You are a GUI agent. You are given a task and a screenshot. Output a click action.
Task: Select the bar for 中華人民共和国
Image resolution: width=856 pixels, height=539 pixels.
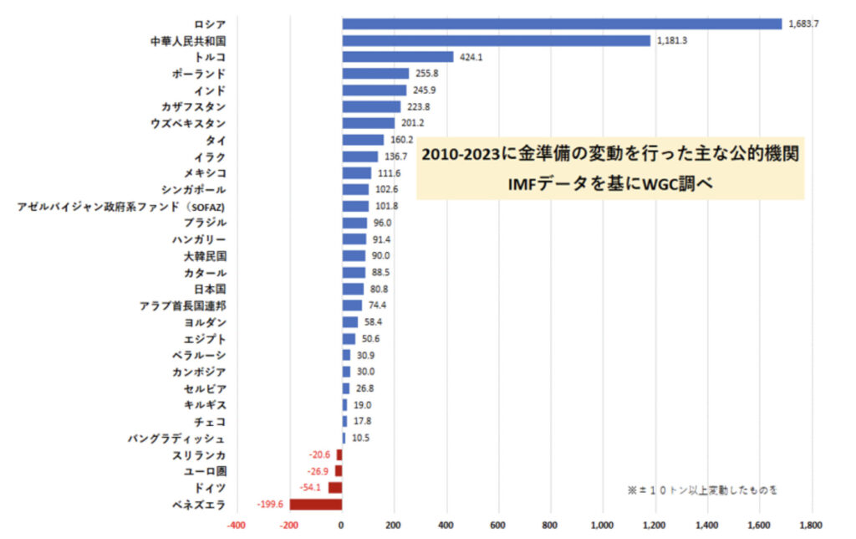[496, 41]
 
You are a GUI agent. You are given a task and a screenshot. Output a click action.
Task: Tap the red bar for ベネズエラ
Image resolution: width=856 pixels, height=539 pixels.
[315, 504]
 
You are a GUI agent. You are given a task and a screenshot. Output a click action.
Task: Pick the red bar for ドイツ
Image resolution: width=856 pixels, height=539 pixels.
[334, 487]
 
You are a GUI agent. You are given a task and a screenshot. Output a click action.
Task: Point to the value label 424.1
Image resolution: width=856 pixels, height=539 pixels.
[472, 58]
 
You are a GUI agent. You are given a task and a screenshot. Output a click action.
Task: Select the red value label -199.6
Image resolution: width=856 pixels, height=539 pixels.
[271, 504]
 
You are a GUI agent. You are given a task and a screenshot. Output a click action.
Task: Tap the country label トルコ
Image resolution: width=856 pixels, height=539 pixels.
[209, 57]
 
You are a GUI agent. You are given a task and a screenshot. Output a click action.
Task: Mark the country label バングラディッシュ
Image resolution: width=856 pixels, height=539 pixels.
[176, 439]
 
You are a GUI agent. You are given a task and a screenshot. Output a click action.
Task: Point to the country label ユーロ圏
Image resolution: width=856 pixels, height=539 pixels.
[204, 471]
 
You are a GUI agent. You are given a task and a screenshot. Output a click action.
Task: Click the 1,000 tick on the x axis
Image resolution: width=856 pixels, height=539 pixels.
[603, 525]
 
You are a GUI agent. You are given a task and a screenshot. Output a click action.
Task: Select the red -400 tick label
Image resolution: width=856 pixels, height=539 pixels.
[237, 525]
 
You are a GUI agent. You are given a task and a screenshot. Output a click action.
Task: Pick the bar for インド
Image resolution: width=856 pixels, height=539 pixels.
[374, 90]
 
